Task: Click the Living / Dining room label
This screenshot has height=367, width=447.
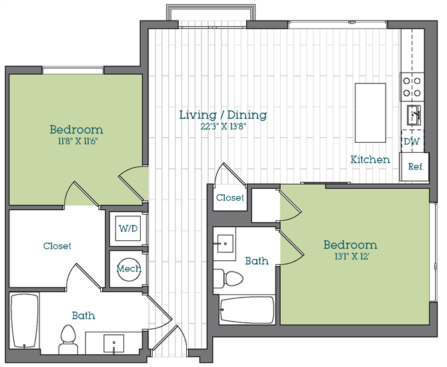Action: (x=223, y=115)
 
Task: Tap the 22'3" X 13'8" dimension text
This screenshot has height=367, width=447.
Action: (x=223, y=127)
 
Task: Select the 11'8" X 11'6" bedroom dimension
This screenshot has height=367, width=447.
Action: (x=76, y=141)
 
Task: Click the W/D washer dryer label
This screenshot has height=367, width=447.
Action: (x=128, y=228)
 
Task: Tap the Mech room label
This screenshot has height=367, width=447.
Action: (x=129, y=269)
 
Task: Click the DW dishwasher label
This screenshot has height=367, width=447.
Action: (x=412, y=141)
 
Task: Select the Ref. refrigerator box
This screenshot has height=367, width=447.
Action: (x=414, y=167)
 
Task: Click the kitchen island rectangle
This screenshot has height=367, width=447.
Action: (x=370, y=113)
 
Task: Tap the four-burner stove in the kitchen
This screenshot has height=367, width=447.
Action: (x=412, y=87)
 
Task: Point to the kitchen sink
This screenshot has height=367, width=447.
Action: (x=414, y=115)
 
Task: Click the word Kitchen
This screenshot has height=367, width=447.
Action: (x=370, y=159)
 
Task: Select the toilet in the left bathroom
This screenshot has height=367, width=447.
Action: (x=69, y=340)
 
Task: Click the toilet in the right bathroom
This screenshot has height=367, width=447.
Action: (x=228, y=278)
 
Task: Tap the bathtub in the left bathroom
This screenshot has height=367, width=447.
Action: (x=25, y=321)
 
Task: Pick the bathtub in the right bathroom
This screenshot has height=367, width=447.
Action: (x=247, y=310)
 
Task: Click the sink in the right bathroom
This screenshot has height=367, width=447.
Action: (x=226, y=244)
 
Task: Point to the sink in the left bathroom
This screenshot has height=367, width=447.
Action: (x=113, y=344)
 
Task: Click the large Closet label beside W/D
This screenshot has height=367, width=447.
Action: (x=57, y=246)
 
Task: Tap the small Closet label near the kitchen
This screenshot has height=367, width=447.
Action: (x=230, y=198)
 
